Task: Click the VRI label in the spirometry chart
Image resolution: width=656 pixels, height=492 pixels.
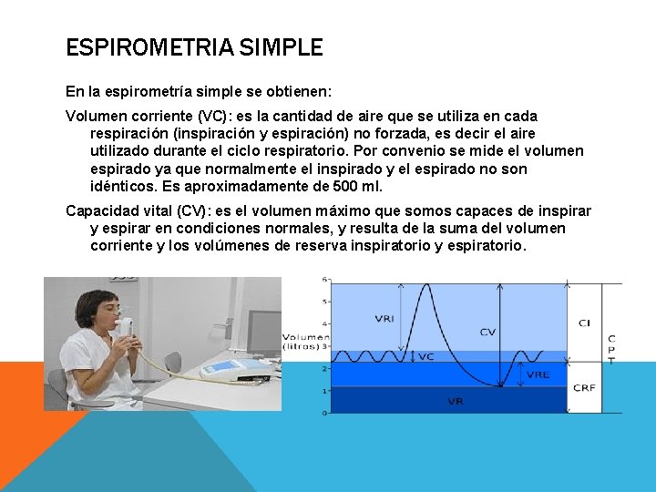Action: click(384, 319)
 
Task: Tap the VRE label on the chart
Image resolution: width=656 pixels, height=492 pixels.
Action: click(538, 374)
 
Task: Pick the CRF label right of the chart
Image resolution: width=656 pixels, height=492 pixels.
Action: click(584, 388)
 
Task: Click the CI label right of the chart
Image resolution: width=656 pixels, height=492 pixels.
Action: click(584, 323)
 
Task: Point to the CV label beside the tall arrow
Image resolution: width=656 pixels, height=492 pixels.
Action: click(487, 333)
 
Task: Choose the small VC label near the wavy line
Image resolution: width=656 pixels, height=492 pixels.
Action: click(425, 356)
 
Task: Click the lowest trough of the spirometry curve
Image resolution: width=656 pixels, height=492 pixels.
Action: click(499, 386)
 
